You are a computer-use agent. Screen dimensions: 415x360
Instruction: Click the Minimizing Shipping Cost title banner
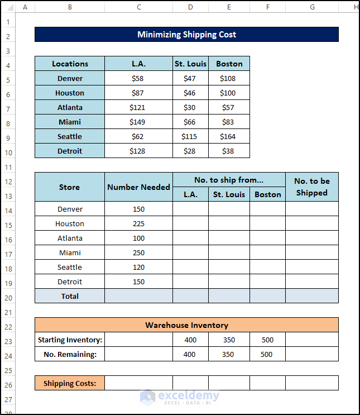click(x=186, y=35)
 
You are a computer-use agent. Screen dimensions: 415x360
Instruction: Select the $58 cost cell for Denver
click(x=138, y=79)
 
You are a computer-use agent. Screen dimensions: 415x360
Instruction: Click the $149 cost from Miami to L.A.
click(x=138, y=122)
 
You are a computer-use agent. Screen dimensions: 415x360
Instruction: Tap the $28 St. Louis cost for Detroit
click(x=190, y=151)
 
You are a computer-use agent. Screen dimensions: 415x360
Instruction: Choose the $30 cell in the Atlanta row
click(x=190, y=107)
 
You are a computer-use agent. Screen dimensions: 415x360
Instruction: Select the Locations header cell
click(x=70, y=64)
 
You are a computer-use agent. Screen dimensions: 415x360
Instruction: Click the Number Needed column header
click(x=138, y=187)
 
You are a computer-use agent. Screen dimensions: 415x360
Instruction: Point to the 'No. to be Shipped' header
click(x=311, y=187)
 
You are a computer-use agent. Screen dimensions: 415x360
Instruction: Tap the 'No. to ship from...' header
click(x=229, y=180)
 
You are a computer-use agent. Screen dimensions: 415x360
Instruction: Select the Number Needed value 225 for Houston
click(x=138, y=224)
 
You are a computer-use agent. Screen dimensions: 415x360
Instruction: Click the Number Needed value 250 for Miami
click(x=138, y=253)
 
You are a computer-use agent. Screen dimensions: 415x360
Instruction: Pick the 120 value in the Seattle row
click(x=138, y=268)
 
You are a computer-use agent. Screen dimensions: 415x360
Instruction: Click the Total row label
click(x=70, y=297)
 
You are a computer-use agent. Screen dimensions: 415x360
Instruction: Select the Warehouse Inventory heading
click(x=186, y=325)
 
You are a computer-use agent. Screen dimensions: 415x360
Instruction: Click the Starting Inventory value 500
click(x=267, y=340)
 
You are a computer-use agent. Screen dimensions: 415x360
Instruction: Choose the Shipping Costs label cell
click(x=70, y=383)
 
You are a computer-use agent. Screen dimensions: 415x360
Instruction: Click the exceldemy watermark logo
click(x=147, y=396)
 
